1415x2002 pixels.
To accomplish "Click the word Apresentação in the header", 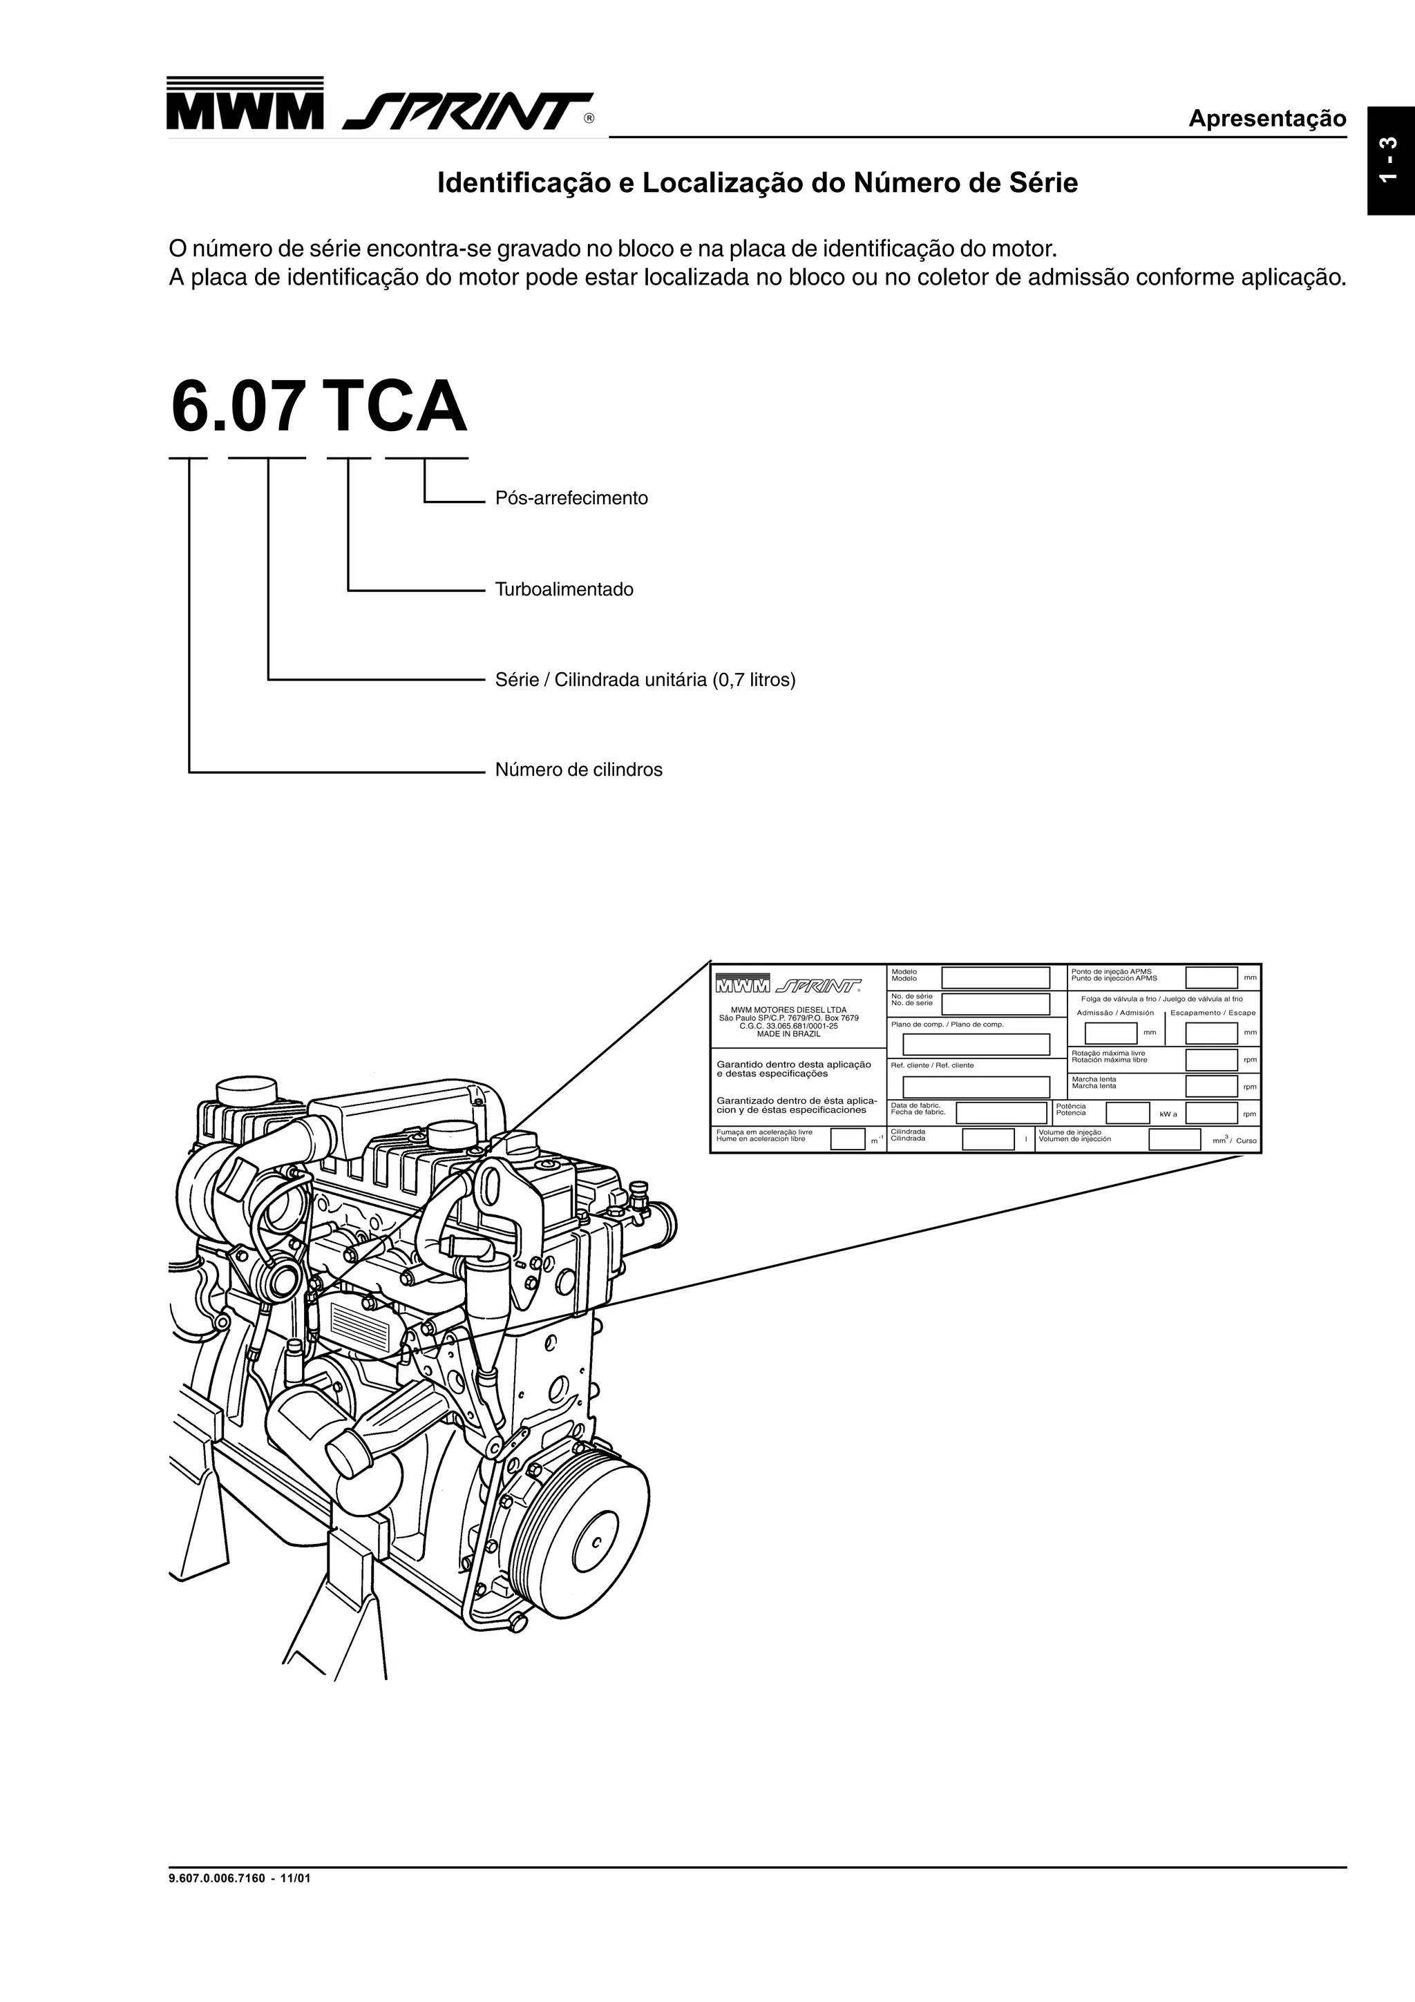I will click(x=1266, y=119).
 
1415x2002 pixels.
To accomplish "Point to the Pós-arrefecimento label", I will click(x=571, y=499).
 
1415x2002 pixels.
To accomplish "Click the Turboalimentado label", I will click(x=564, y=589).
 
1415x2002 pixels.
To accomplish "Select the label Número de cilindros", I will click(x=578, y=770).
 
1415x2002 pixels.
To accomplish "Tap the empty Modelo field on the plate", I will click(x=996, y=978).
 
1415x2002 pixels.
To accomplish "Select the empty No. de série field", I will click(x=996, y=1004).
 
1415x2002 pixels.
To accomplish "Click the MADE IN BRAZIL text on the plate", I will click(x=788, y=1034).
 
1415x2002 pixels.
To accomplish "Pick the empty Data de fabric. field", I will click(x=1001, y=1113).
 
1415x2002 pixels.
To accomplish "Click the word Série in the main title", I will click(x=1045, y=184).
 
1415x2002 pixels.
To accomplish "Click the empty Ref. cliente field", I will click(x=976, y=1087).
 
